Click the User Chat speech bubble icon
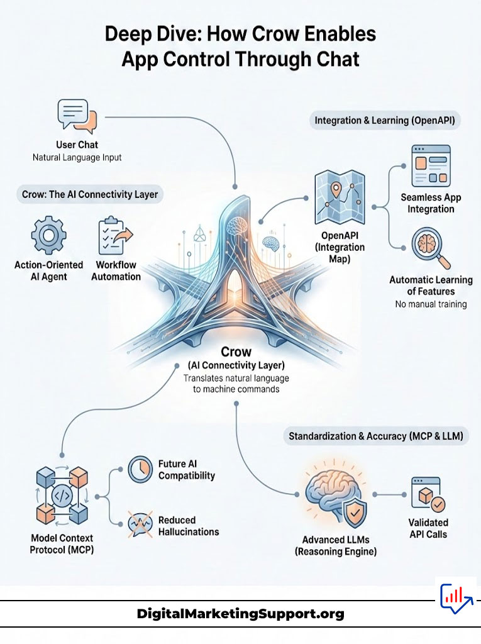(77, 115)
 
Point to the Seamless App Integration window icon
(430, 164)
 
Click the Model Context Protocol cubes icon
(60, 495)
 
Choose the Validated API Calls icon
(428, 492)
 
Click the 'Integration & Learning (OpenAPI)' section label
(386, 120)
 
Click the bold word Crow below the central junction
(236, 352)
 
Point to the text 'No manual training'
(430, 304)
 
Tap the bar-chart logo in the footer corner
(456, 598)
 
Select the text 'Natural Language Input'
(77, 157)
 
